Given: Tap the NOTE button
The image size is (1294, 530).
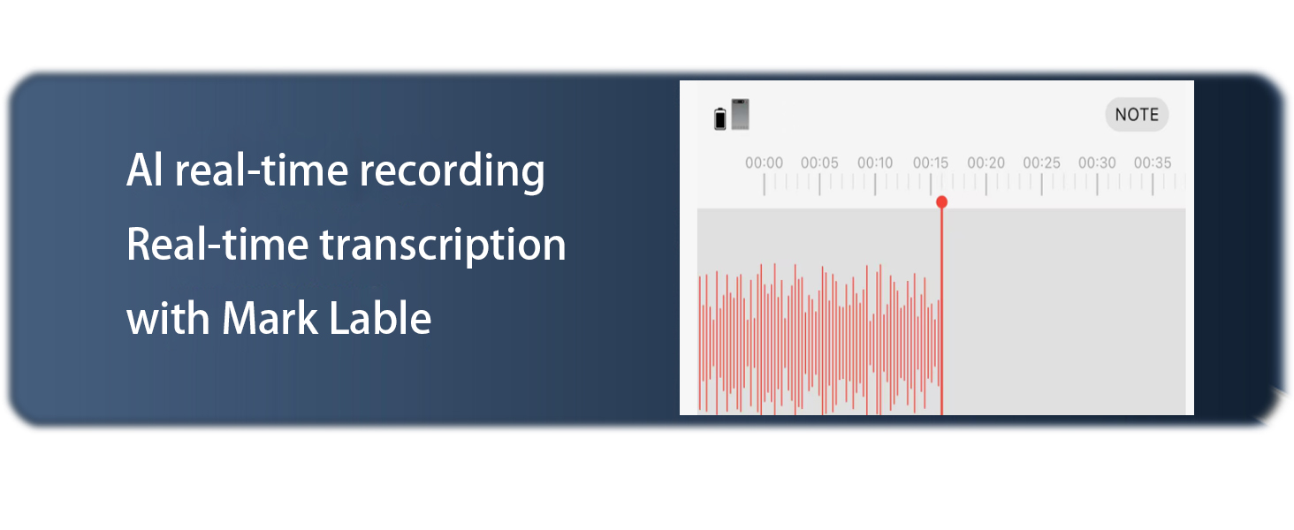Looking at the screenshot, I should [1137, 115].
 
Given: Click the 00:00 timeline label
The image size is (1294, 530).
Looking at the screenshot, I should [764, 163].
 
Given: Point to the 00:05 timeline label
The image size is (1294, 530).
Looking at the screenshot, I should [819, 163].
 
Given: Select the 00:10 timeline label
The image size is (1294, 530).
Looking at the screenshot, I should [875, 163].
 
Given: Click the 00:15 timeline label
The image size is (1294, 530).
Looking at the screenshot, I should [931, 163].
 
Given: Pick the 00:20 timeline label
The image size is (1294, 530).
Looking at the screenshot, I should [986, 163].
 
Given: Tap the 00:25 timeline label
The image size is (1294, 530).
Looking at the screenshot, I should [1042, 163].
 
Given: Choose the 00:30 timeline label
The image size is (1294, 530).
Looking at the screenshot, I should [1097, 163].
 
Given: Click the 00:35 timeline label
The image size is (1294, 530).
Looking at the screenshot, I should [1153, 163].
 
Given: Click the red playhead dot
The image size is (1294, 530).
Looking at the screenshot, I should [941, 202].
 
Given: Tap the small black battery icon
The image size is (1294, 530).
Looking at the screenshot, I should [720, 119].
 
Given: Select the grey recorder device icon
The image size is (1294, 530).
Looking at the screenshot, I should [740, 114].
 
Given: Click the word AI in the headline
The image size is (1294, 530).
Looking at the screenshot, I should [144, 170].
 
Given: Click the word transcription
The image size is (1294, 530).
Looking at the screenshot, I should [442, 246].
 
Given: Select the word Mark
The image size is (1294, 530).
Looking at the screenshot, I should [269, 318].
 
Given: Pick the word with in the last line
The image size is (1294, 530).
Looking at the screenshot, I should [169, 318].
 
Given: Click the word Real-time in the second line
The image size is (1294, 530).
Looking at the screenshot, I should [217, 244].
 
